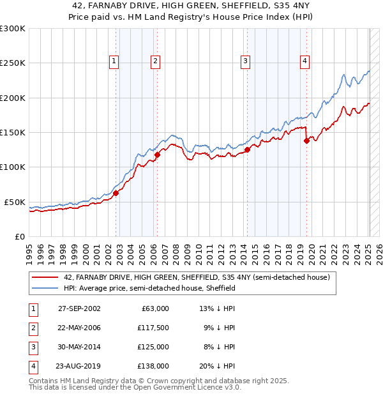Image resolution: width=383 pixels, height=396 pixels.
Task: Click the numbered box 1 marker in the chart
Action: click(114, 61)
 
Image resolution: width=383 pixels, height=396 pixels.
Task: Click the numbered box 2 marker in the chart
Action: click(155, 61)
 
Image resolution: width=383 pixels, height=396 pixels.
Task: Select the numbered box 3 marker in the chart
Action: click(246, 61)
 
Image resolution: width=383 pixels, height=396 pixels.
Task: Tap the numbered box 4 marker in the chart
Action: click(305, 61)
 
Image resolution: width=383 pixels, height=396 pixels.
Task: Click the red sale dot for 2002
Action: click(116, 193)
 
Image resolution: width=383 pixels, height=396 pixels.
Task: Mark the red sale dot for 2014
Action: click(248, 150)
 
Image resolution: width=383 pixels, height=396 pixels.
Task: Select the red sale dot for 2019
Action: click(307, 141)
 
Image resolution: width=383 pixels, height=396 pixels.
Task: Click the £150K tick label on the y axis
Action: click(13, 132)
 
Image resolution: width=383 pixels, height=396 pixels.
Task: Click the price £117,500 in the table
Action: click(153, 328)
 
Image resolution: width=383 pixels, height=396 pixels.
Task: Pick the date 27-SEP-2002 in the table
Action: click(79, 308)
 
